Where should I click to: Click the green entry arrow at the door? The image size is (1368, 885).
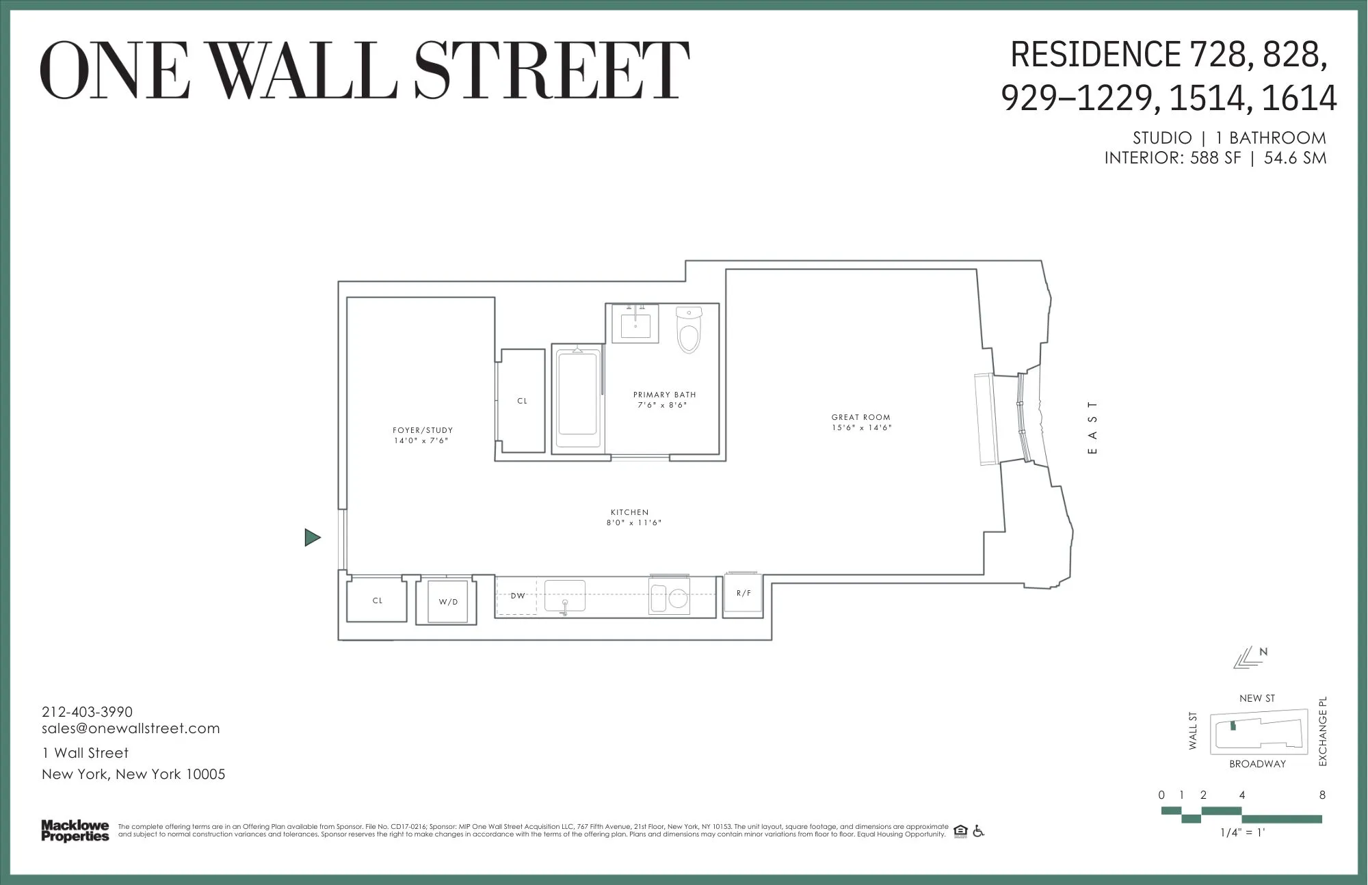point(313,538)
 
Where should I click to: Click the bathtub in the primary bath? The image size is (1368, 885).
point(578,399)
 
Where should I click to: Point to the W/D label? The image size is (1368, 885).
point(448,602)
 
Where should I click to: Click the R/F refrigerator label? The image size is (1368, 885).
point(744,594)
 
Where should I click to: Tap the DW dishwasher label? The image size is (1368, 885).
point(518,596)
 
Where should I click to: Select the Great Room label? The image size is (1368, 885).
point(860,417)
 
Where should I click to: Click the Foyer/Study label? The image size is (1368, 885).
point(423,430)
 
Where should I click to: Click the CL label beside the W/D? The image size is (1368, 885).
point(378,600)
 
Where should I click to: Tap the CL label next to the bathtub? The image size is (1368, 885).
point(523,401)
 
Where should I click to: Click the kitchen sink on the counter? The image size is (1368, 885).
point(565,595)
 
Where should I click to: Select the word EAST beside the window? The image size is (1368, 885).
point(1092,427)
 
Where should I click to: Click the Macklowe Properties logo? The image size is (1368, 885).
point(75,830)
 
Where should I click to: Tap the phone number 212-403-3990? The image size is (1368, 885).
point(88,712)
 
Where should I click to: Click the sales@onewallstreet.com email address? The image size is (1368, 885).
point(131,728)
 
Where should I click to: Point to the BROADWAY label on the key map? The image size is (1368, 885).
point(1257,764)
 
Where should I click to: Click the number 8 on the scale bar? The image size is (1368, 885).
point(1322,795)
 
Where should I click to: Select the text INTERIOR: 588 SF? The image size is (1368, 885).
point(1172,158)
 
